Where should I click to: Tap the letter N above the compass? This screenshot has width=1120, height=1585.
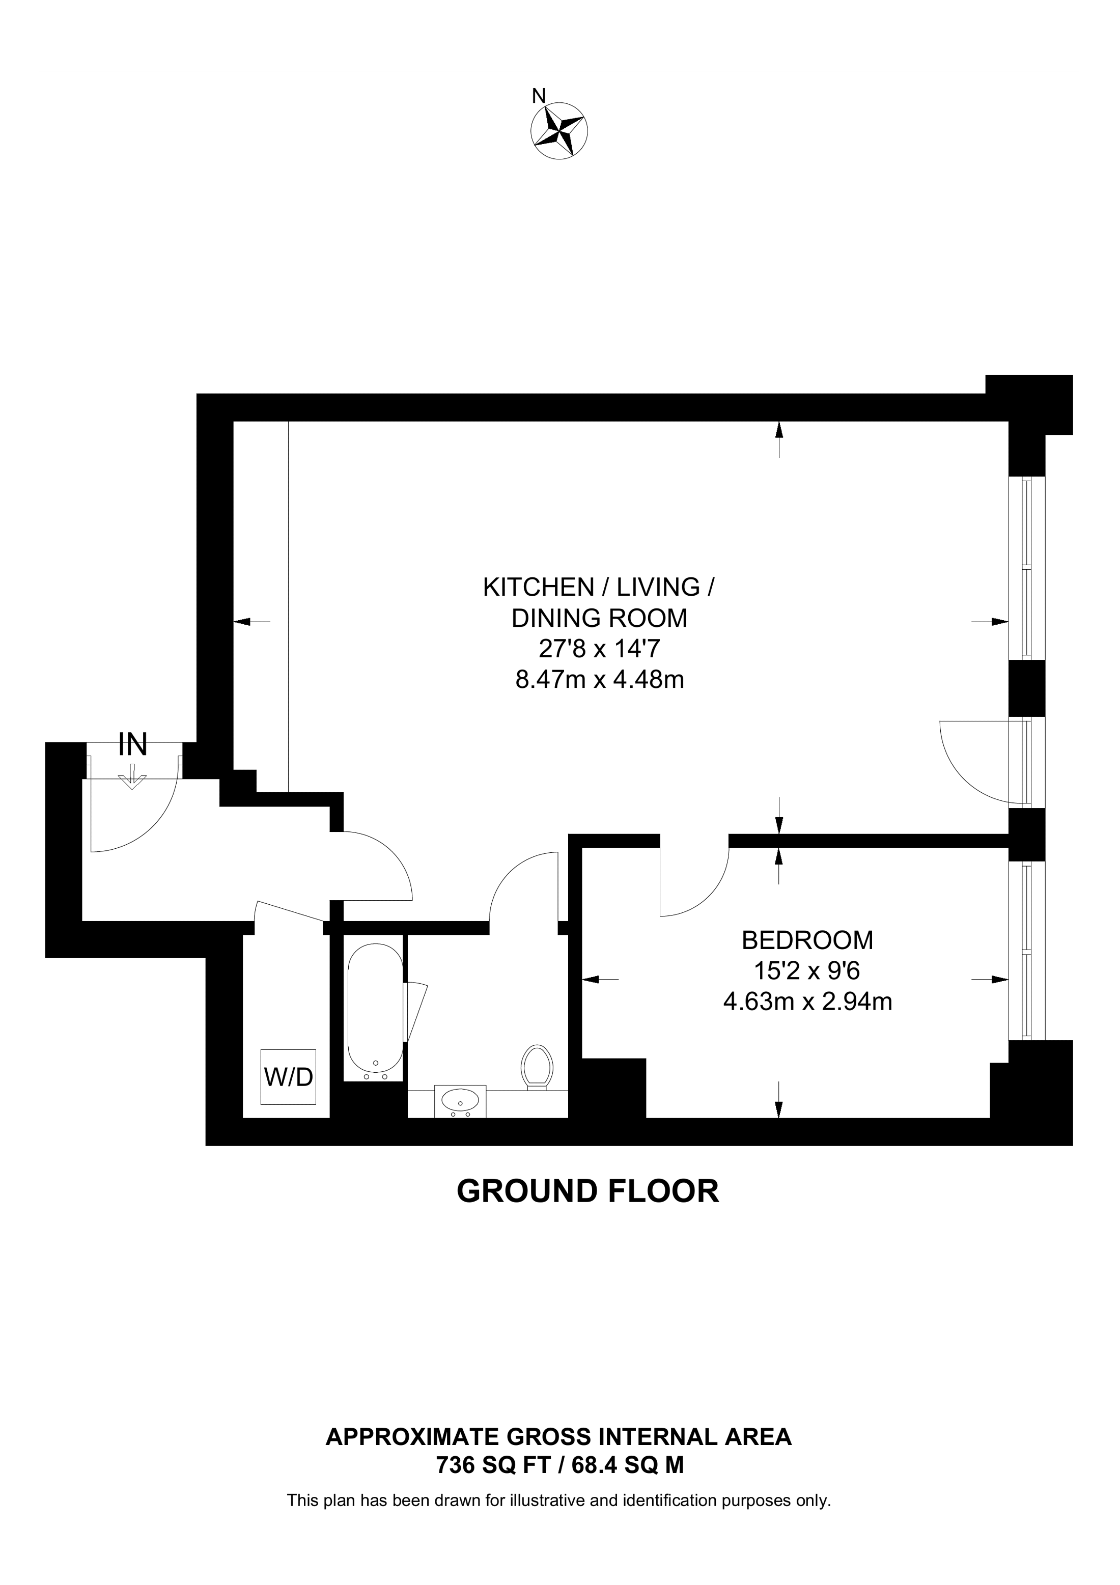click(538, 96)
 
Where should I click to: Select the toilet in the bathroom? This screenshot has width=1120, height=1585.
click(538, 1067)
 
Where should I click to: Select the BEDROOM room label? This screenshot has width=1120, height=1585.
click(807, 940)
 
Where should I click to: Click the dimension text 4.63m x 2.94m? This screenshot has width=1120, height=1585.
click(807, 1001)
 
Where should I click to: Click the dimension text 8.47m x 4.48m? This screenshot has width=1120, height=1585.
click(599, 680)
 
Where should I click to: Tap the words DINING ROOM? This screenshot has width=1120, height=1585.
click(599, 618)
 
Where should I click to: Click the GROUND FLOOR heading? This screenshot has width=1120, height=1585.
click(588, 1191)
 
